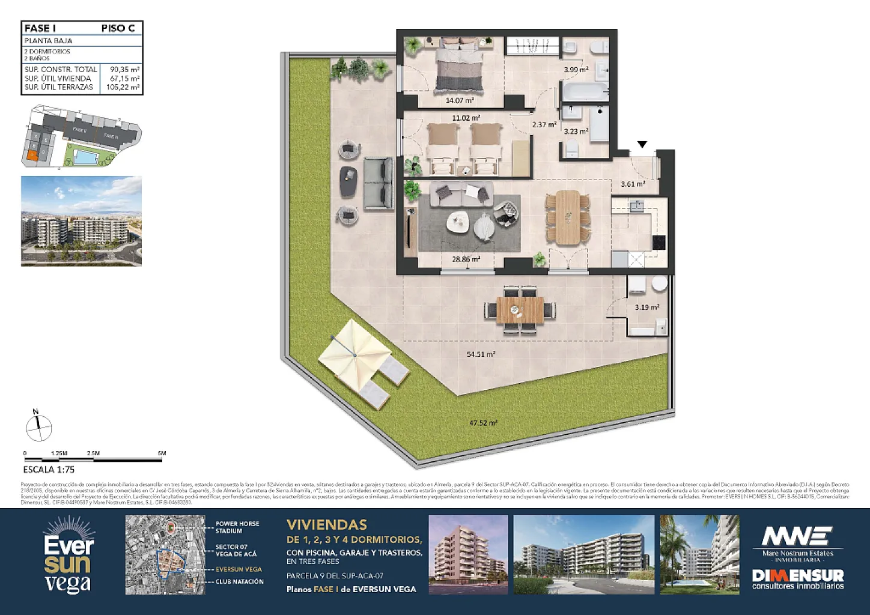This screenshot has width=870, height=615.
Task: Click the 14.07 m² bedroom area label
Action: point(460,100)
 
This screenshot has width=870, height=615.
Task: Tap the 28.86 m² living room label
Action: point(466,259)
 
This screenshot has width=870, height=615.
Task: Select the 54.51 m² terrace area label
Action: point(481,354)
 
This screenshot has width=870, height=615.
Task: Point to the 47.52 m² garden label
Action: point(483,423)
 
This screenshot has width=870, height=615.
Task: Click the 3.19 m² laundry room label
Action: point(647,307)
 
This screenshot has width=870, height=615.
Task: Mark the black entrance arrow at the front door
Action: point(642,145)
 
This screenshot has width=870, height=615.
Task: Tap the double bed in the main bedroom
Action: point(460,64)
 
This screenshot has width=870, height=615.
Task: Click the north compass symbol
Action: point(38,427)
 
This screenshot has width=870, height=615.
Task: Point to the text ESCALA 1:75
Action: point(49,470)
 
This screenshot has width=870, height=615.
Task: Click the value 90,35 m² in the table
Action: point(125,70)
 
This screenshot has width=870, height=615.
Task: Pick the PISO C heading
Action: point(118,28)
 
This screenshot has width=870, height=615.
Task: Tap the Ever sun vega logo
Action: point(68,556)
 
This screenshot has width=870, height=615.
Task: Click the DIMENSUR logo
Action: point(797,577)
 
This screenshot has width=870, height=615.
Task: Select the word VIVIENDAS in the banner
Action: point(327,525)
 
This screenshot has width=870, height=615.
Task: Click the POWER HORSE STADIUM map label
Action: point(237,527)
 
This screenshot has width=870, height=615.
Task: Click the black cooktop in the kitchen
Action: point(659,242)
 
